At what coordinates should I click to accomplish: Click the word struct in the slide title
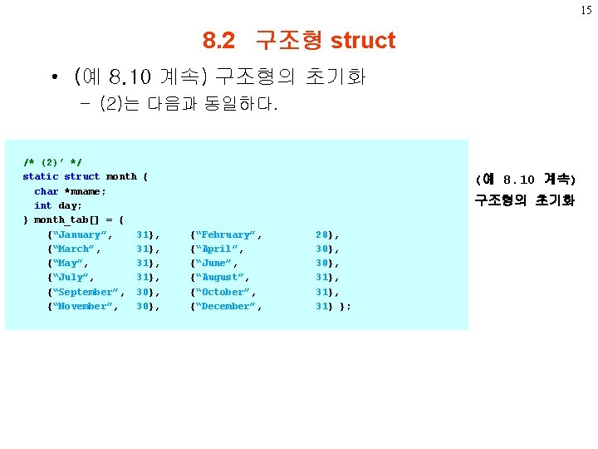pyautogui.click(x=363, y=40)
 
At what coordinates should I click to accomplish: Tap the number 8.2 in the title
pyautogui.click(x=219, y=40)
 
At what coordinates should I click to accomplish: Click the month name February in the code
pyautogui.click(x=225, y=234)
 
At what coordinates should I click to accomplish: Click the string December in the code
pyautogui.click(x=225, y=306)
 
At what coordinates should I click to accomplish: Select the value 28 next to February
pyautogui.click(x=322, y=234)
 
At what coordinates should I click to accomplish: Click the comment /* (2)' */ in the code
pyautogui.click(x=52, y=162)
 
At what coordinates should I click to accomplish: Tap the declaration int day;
pyautogui.click(x=58, y=205)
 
